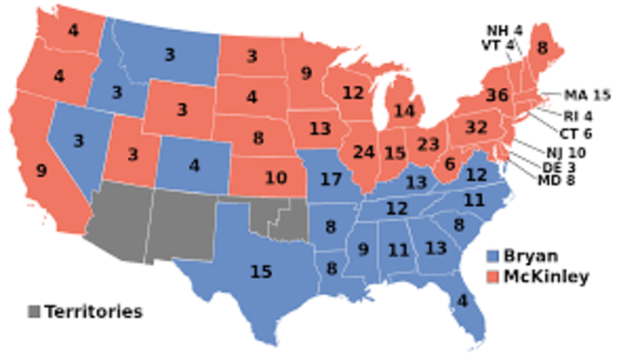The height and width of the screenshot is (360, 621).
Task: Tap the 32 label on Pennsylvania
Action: point(476,127)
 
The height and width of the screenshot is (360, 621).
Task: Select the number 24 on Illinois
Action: point(365,152)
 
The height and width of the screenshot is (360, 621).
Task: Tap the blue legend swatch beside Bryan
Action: point(494,256)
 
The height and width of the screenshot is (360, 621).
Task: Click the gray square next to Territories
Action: point(34,312)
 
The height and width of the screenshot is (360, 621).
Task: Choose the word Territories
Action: point(93,311)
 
